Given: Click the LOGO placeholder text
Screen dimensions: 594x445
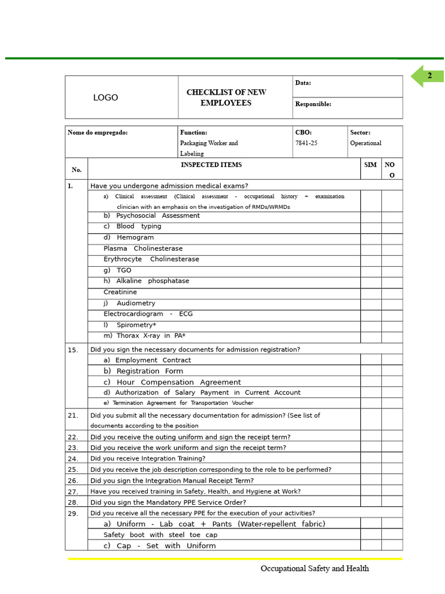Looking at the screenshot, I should coord(105,98).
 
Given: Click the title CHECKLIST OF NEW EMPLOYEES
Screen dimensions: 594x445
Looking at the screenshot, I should coord(226,97).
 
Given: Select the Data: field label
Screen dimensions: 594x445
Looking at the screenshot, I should coord(303,83).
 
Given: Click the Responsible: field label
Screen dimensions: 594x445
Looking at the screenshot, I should coord(313,104).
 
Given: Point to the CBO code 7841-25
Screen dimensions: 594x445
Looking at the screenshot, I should coord(307,143).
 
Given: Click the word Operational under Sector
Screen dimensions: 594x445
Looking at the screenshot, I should coord(366,143).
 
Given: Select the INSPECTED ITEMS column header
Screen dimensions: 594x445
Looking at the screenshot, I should coord(211,165).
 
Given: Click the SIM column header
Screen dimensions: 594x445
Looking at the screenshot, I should coord(370,165).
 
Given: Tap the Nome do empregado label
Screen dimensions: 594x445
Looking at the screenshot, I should coord(97,132).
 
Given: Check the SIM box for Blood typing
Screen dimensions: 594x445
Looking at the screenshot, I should coord(370,227).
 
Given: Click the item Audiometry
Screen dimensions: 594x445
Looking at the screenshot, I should coord(136,303).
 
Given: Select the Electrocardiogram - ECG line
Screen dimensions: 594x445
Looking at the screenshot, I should coord(148,314).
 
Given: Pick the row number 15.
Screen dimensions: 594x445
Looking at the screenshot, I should coord(72,350).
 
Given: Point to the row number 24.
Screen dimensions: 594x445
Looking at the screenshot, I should coord(72,458).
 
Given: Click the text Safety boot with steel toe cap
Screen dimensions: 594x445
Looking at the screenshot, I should coord(161,535).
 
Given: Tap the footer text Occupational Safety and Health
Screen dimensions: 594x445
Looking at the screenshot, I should coord(315,568).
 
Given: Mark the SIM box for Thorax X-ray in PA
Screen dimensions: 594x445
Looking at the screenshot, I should coord(370,336).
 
